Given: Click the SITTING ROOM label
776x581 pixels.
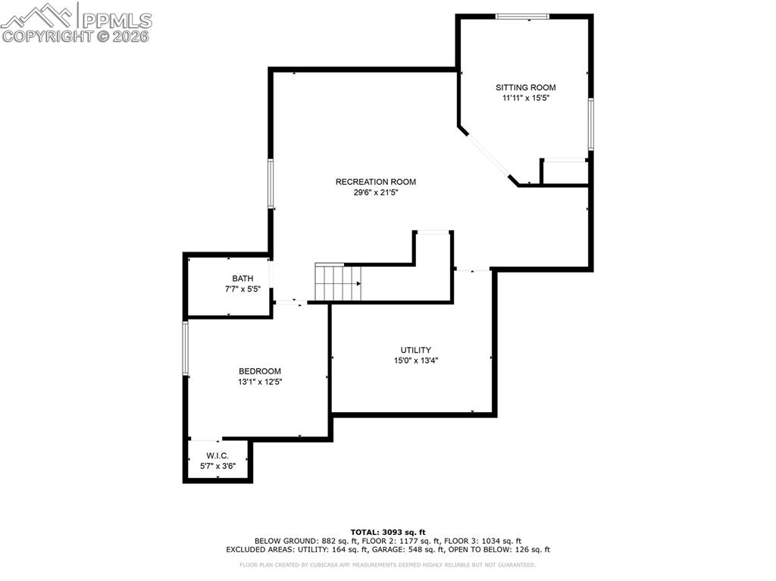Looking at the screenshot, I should (526, 88).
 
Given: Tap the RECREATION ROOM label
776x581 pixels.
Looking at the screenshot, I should (376, 182).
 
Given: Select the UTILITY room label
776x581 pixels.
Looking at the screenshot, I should (416, 350).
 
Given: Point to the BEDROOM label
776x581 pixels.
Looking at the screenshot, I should (260, 371).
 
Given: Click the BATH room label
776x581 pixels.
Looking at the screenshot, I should (242, 279).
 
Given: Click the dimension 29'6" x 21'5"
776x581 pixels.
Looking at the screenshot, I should (376, 193).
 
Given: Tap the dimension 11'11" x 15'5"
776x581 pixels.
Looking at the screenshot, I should (526, 98).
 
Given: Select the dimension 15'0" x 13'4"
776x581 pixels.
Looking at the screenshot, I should (416, 361).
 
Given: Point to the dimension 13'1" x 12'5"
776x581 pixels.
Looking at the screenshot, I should (260, 382).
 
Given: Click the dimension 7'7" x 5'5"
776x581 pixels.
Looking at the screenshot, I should (242, 289).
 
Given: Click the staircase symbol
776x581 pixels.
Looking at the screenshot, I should (337, 282).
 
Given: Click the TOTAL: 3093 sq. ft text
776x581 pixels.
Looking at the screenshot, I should (387, 532).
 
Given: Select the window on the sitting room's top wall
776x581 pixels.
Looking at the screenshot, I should (522, 16).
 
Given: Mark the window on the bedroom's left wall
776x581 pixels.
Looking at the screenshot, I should (185, 348).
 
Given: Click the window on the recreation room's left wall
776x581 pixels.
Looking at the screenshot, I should (271, 183).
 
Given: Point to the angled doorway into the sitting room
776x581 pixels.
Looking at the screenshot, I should (489, 158).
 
